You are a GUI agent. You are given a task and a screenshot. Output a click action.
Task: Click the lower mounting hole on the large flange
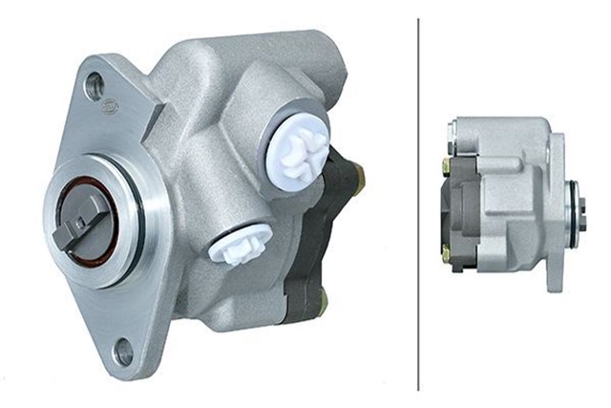[122, 350]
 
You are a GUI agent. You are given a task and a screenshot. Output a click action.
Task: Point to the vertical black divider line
[419, 201]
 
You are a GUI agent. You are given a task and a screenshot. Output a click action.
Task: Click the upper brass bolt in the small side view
[446, 166]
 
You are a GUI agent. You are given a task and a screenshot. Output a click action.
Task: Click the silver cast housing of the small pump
[511, 191]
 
